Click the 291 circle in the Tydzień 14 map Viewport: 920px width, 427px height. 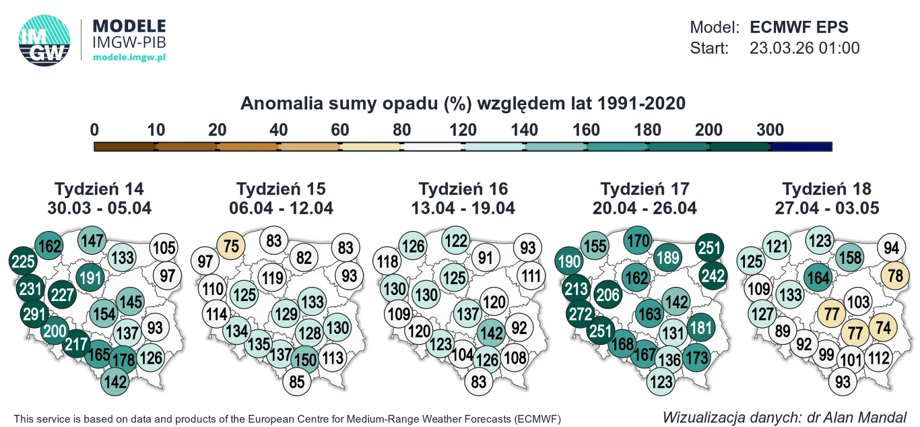34,314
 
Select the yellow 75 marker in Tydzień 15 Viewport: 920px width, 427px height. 231,246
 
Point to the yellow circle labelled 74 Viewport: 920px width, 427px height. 882,328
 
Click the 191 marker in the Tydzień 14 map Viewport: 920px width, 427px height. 90,277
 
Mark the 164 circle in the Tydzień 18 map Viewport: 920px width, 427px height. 818,277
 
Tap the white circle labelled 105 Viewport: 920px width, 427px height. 164,247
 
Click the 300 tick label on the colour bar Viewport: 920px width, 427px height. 770,130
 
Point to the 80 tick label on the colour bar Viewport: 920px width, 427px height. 401,130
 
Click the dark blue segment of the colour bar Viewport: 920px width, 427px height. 801,146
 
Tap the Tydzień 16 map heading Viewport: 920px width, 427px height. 463,189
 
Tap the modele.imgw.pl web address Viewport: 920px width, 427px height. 129,58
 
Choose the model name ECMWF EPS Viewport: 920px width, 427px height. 799,28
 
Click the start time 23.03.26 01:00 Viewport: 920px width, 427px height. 804,48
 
